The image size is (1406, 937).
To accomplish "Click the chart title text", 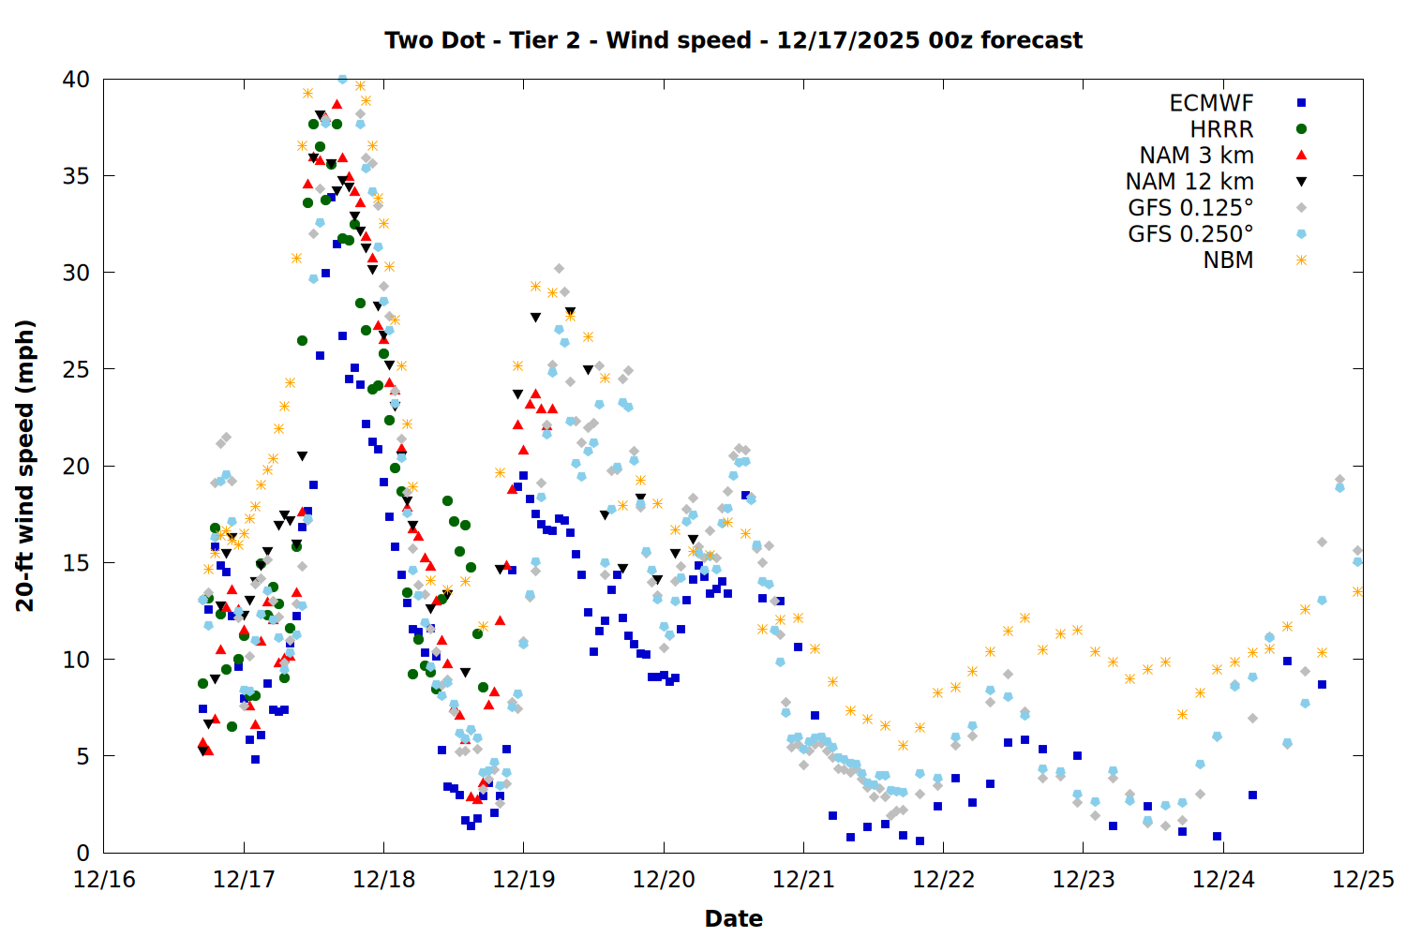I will [x=733, y=40].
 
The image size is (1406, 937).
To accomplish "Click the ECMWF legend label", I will [x=1211, y=103].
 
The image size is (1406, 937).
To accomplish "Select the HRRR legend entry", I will [x=1221, y=129].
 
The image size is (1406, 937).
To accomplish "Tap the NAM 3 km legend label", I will [x=1196, y=156].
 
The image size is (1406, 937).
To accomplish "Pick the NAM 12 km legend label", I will [x=1189, y=182].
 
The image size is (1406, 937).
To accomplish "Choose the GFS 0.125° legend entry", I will [x=1190, y=208].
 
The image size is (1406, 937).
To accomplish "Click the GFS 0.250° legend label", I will [x=1190, y=234].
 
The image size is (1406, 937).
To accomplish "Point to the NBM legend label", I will [x=1228, y=260].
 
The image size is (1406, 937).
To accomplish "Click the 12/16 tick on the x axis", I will [x=104, y=880].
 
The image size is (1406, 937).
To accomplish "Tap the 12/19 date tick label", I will [x=524, y=880].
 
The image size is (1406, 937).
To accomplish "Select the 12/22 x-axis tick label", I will [x=943, y=880].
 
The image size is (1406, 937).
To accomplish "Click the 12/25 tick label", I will [x=1363, y=880].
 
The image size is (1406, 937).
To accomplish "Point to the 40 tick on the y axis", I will [x=76, y=80].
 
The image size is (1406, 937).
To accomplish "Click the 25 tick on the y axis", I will [x=76, y=369].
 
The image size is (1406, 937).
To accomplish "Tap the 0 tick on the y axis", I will [x=82, y=853].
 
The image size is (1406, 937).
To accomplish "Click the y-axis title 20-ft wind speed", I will [x=25, y=466].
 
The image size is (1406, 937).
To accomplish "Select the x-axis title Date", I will [x=733, y=918].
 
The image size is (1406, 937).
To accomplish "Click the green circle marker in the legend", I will [x=1301, y=129].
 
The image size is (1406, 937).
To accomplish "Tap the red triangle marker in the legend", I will [x=1301, y=156].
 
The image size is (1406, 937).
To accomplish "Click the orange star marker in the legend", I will [x=1301, y=260].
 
